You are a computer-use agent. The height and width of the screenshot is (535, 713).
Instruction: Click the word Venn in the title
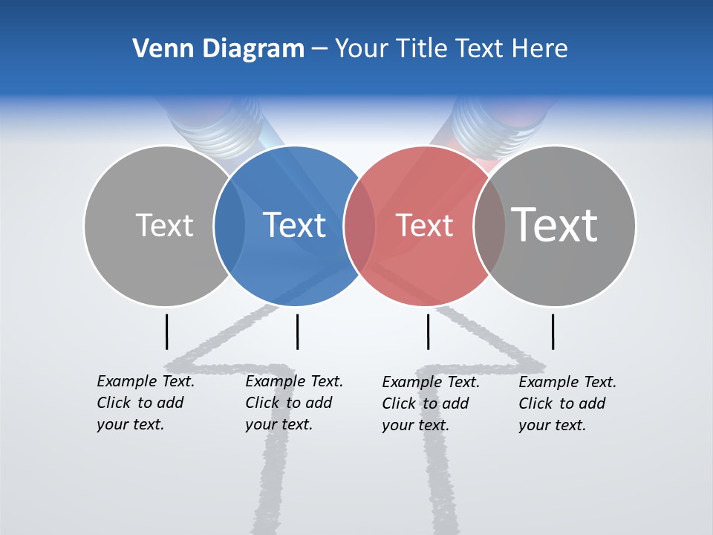coord(158,49)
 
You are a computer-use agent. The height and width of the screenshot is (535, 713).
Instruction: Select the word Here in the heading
coord(539,49)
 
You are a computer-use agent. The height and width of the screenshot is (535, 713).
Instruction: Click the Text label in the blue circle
coord(294,225)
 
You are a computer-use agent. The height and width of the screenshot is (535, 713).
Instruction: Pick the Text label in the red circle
coord(424,225)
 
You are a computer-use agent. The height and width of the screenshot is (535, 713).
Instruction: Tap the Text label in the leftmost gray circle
coord(164,225)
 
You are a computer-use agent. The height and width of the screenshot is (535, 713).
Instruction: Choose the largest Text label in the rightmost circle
coord(555,224)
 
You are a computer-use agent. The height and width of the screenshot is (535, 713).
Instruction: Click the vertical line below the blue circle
coord(297,331)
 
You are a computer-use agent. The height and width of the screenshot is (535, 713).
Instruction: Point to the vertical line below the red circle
coord(428,331)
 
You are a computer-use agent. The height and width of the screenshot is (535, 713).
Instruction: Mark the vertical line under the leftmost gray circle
coord(167,331)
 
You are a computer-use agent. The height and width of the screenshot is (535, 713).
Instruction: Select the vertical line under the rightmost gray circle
coord(553,331)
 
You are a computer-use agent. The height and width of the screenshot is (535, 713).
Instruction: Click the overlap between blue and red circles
coord(359,225)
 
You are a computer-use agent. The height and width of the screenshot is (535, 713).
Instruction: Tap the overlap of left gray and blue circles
coord(229,225)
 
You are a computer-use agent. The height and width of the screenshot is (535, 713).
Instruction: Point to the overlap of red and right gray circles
coord(489,225)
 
